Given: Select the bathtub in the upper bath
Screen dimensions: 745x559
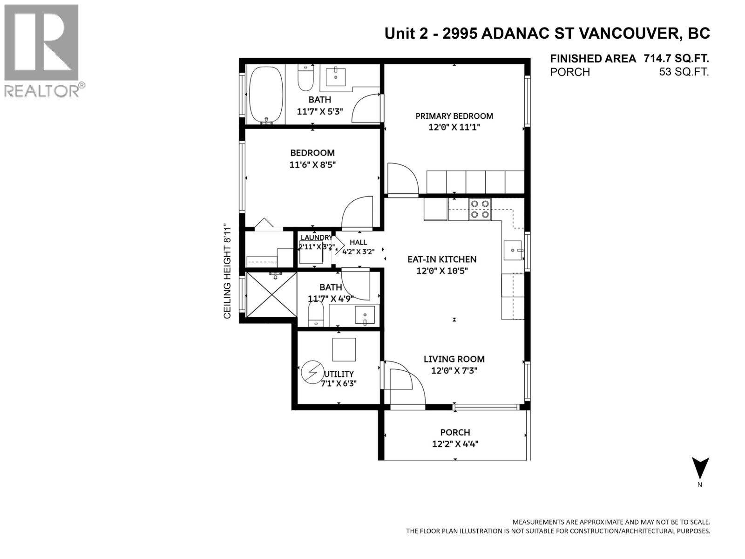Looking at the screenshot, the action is pyautogui.click(x=266, y=95).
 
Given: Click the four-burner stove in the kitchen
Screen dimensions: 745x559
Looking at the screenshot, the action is pyautogui.click(x=480, y=209).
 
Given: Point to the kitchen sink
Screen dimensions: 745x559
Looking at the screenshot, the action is pyautogui.click(x=513, y=250).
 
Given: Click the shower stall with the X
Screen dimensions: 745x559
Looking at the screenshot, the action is pyautogui.click(x=271, y=294).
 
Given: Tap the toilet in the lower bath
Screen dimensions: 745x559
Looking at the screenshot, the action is pyautogui.click(x=316, y=314).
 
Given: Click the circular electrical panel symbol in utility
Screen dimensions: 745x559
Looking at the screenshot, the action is pyautogui.click(x=312, y=372).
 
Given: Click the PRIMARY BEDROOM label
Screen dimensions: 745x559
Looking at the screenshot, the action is pyautogui.click(x=454, y=116).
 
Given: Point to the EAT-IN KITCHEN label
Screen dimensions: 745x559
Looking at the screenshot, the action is pyautogui.click(x=442, y=259).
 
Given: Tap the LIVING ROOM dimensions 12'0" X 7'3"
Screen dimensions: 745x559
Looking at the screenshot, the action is pyautogui.click(x=454, y=371).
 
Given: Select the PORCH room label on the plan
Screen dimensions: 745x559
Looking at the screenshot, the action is pyautogui.click(x=455, y=432).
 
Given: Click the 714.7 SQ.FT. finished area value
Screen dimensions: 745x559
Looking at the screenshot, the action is pyautogui.click(x=677, y=58).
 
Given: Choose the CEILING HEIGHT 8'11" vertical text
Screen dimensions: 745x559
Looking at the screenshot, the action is pyautogui.click(x=227, y=271).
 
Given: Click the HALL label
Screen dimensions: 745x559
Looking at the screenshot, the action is pyautogui.click(x=359, y=242).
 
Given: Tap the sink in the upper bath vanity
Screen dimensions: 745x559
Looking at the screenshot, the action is pyautogui.click(x=336, y=77).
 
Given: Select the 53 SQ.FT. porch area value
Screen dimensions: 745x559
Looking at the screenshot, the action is pyautogui.click(x=684, y=72).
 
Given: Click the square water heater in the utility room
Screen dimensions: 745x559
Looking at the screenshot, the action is pyautogui.click(x=344, y=349).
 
